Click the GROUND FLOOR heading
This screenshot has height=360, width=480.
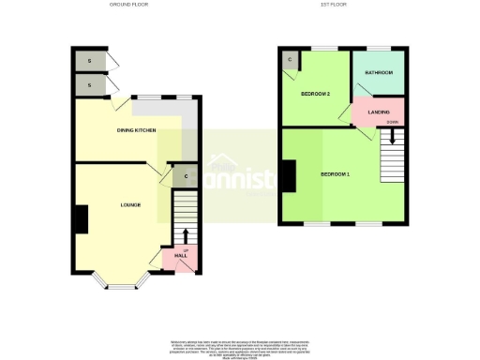130,5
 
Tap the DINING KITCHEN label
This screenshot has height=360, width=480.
135,130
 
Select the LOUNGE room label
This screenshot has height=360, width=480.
130,203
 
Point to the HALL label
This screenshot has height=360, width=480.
180,255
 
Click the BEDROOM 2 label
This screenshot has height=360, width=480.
314,94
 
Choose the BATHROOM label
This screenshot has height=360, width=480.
379,72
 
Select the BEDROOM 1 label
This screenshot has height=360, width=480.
335,174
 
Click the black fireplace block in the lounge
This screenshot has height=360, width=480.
81,219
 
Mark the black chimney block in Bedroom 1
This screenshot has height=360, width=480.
288,175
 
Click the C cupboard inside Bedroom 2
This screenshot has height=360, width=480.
290,61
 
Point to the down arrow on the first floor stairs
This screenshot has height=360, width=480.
393,136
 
